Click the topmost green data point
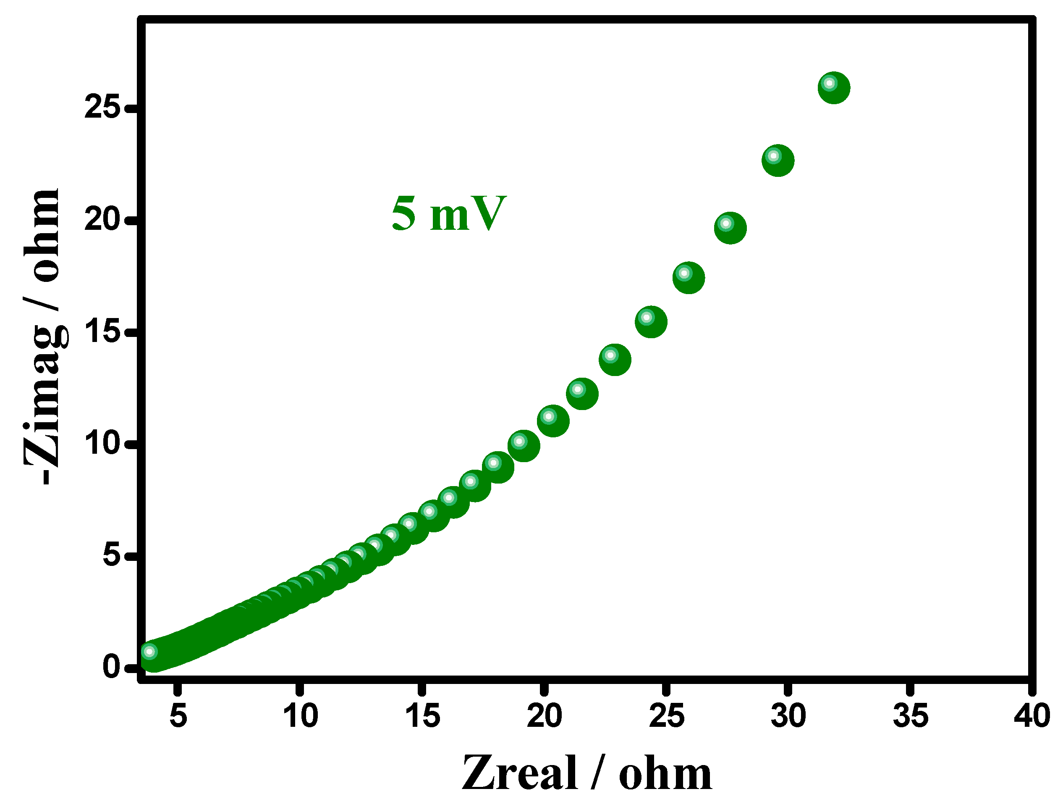click(833, 88)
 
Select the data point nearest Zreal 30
click(777, 160)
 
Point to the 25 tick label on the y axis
click(102, 107)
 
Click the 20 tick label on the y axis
click(102, 219)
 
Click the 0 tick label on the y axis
click(111, 667)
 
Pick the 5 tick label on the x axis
click(178, 716)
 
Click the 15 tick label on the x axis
click(422, 716)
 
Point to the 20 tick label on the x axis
click(544, 716)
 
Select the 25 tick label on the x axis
click(666, 716)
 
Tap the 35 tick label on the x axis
click(910, 716)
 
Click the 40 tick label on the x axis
click(1032, 716)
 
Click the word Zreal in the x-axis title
click(519, 774)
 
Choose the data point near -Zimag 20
click(730, 228)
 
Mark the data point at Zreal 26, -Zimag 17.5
click(689, 278)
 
